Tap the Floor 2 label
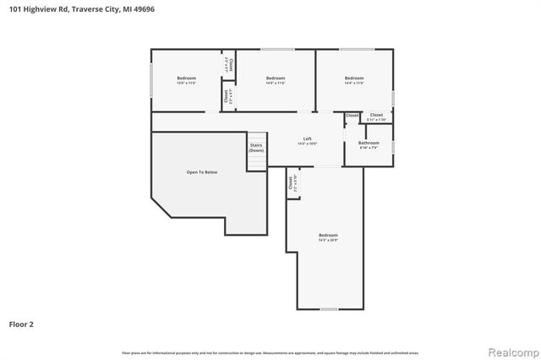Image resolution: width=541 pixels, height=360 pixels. [21, 324]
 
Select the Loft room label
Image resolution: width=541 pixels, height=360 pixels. [308, 140]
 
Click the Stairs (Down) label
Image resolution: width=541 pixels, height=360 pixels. [256, 148]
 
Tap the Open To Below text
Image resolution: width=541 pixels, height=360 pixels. [202, 172]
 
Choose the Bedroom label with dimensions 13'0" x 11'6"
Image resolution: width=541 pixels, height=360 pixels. [186, 80]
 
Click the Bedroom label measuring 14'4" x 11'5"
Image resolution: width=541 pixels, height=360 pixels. [354, 80]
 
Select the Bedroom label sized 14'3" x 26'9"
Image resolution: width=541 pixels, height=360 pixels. [328, 237]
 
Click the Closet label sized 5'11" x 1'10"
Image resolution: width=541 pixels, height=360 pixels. [376, 117]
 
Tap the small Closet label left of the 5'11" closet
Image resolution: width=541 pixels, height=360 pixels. [352, 115]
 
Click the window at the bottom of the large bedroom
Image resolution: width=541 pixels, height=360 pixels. [329, 309]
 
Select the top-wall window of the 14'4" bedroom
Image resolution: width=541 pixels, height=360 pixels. [353, 49]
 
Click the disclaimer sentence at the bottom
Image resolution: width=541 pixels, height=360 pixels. [270, 352]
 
